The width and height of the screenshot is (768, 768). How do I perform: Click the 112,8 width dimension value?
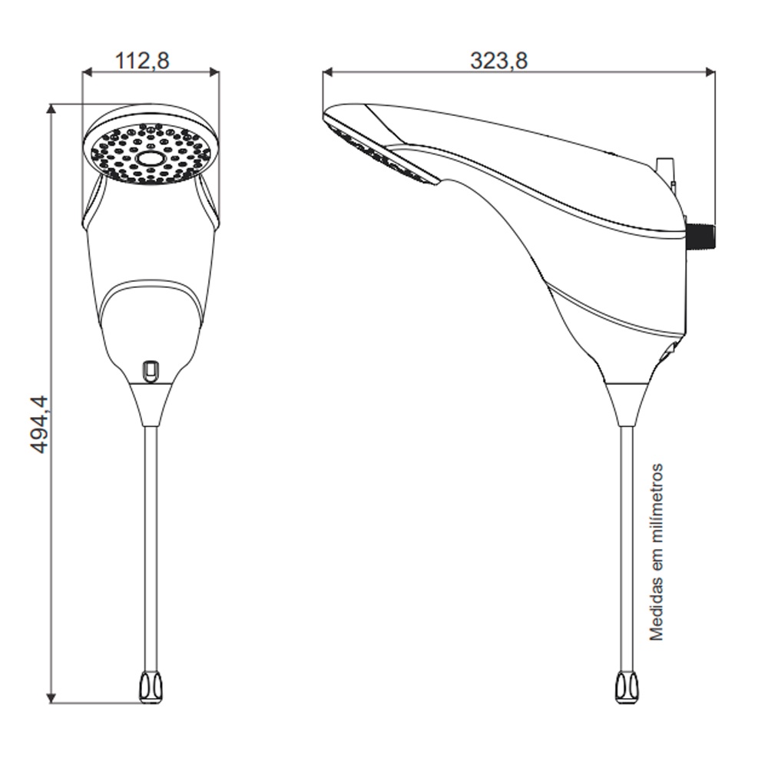142,61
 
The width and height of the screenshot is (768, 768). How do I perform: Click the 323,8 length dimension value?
499,61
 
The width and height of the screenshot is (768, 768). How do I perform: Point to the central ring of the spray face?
150,159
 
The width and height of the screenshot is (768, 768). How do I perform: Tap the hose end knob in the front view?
151,687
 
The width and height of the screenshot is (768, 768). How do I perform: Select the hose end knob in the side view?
627,687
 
